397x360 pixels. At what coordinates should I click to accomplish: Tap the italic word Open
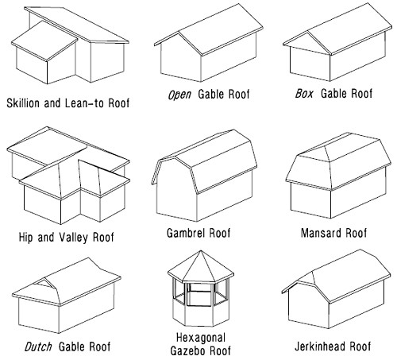coord(179,95)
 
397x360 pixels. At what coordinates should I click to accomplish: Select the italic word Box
coord(304,94)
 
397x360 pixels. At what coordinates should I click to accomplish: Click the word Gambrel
coord(186,233)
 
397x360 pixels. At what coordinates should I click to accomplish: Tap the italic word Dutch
coord(38,346)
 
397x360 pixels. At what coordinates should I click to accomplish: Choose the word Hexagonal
coord(201,338)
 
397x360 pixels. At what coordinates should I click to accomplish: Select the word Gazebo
coord(188,350)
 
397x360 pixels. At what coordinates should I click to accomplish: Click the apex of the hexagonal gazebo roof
coord(201,250)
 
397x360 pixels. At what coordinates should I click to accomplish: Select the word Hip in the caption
coord(25,238)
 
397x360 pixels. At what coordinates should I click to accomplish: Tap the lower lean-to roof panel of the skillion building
coord(44,41)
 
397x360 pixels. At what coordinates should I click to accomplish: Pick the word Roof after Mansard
coord(356,233)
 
